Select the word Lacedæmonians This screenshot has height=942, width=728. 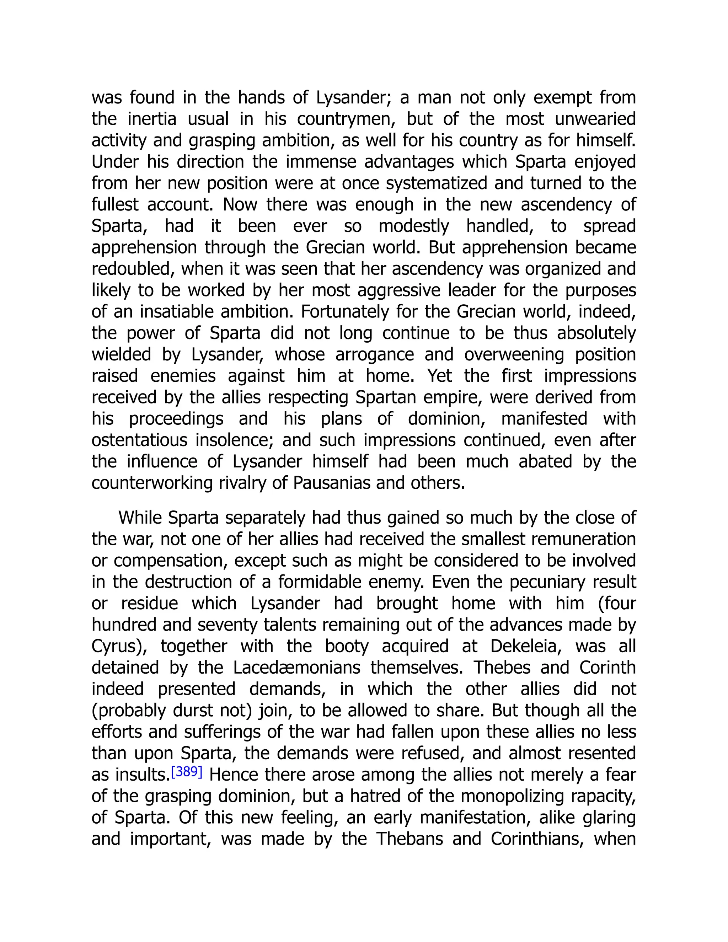click(297, 668)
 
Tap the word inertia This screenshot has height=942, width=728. click(152, 119)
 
